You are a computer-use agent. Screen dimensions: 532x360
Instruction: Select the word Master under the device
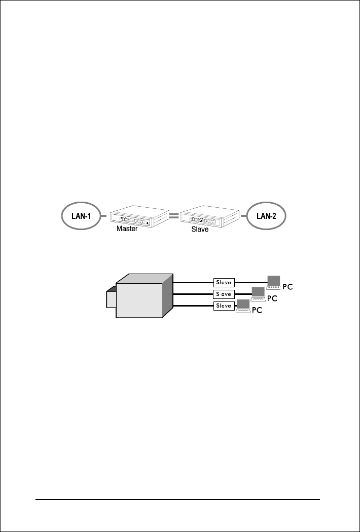click(127, 229)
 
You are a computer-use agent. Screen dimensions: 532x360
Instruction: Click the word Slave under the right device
click(200, 229)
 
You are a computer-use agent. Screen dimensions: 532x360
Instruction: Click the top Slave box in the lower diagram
click(224, 282)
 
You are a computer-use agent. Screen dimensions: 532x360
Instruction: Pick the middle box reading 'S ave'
click(224, 294)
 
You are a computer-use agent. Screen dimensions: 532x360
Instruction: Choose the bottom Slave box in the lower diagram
click(224, 306)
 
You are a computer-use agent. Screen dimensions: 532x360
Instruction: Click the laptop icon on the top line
click(274, 281)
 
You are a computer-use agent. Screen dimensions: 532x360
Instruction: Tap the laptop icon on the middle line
click(259, 293)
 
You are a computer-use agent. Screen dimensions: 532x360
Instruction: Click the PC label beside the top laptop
click(288, 286)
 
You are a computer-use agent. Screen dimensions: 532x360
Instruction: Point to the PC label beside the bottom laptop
click(257, 311)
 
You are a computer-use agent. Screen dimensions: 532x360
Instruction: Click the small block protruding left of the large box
click(111, 298)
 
